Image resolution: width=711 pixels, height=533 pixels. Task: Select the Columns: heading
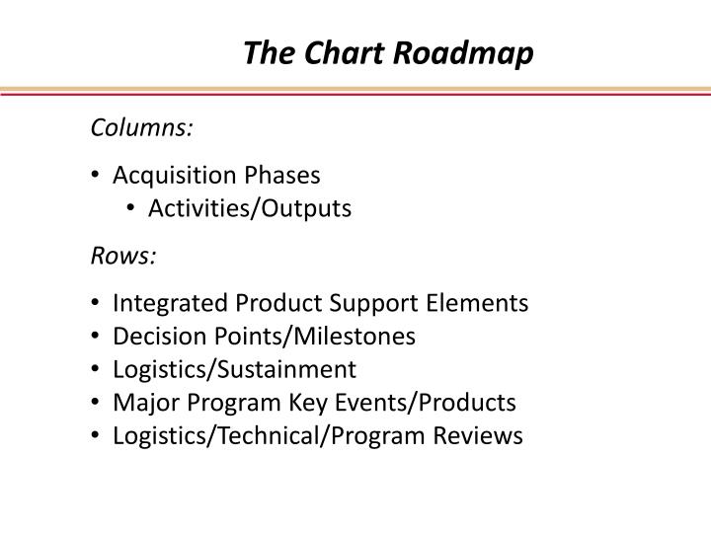pos(142,128)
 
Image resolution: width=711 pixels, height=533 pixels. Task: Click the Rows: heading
pos(123,256)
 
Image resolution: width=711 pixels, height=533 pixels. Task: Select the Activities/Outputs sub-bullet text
pos(250,208)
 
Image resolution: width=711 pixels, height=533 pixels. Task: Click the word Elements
pos(483,303)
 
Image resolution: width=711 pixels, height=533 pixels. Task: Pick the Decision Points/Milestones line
pos(264,337)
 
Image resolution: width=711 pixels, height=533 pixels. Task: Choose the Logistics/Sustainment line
pos(234,369)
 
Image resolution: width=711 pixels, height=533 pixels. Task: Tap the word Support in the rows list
pos(365,304)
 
